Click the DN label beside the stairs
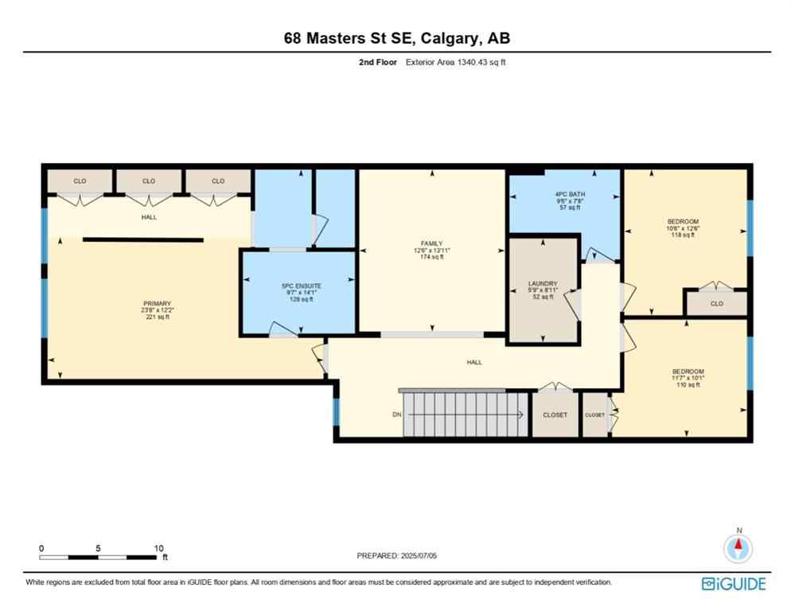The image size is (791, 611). click(396, 414)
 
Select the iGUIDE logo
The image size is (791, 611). click(733, 583)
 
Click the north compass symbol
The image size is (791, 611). click(738, 547)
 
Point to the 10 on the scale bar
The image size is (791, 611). click(158, 548)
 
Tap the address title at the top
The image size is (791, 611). click(396, 38)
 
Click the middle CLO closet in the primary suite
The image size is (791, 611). click(149, 181)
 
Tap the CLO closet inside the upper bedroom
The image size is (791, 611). click(718, 303)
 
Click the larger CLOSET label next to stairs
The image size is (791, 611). click(555, 414)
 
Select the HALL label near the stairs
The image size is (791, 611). click(474, 362)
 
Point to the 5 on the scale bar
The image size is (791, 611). click(97, 548)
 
